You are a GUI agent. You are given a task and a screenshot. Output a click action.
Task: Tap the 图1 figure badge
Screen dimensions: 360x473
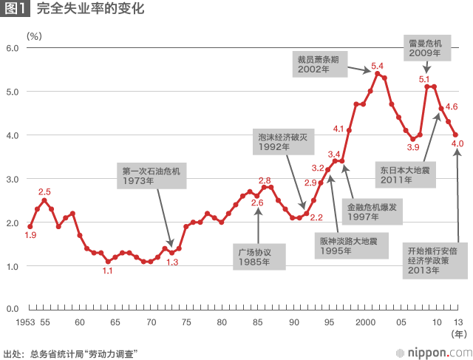click(16, 10)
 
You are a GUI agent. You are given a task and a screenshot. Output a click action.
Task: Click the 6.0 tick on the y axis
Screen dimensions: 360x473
click(13, 48)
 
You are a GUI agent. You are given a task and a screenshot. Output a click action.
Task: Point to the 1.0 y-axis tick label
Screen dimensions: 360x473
click(13, 265)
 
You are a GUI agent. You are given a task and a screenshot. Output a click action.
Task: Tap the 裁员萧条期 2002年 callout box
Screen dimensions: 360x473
click(319, 64)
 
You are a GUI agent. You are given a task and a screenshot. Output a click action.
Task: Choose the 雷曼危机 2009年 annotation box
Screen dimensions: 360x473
click(425, 48)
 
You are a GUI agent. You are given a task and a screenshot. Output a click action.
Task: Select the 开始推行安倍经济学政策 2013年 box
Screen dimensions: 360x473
click(436, 261)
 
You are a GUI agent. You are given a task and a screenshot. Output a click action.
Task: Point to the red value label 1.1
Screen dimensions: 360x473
click(107, 271)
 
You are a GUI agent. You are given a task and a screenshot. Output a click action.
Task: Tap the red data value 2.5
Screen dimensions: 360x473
click(44, 192)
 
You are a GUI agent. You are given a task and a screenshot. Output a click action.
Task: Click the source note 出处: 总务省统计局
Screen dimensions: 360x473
click(72, 353)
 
